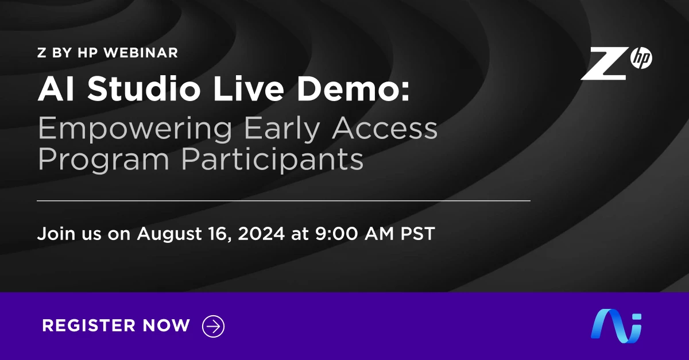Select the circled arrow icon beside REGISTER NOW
click(x=214, y=326)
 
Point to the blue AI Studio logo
click(x=616, y=325)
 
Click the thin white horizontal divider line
click(x=284, y=201)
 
